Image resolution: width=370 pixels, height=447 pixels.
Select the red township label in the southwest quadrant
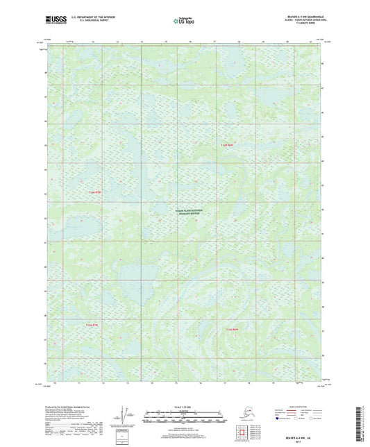94,325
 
